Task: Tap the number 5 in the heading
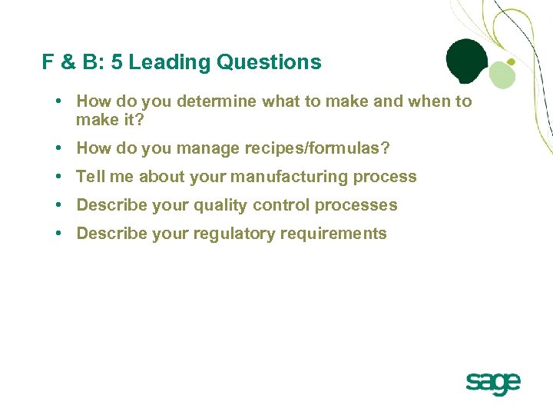[117, 62]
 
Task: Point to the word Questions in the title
[269, 62]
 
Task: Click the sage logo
[493, 383]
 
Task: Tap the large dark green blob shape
[467, 60]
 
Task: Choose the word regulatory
[232, 234]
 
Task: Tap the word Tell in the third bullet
[90, 177]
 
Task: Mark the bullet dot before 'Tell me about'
[58, 177]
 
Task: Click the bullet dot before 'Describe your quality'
[58, 205]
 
